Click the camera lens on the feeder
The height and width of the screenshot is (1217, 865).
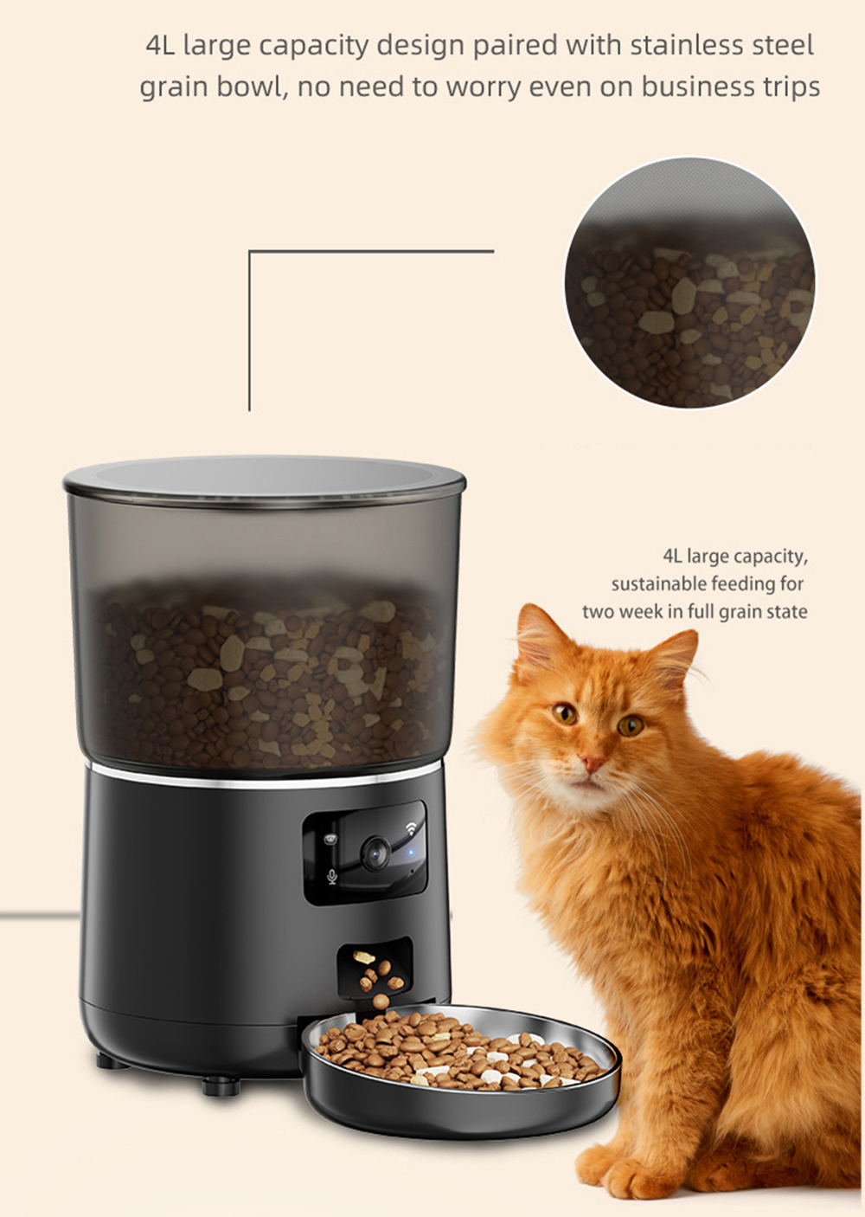coord(375,853)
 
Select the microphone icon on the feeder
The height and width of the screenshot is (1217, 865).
coord(332,876)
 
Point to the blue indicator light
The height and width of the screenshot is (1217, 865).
coord(411,853)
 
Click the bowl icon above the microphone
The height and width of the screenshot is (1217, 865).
coord(330,839)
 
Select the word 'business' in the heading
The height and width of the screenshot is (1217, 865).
coord(689,87)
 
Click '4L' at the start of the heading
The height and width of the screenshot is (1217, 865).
coord(160,46)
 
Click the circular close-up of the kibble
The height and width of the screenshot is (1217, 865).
coord(689,282)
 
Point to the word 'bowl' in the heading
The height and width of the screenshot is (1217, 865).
coord(252,87)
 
